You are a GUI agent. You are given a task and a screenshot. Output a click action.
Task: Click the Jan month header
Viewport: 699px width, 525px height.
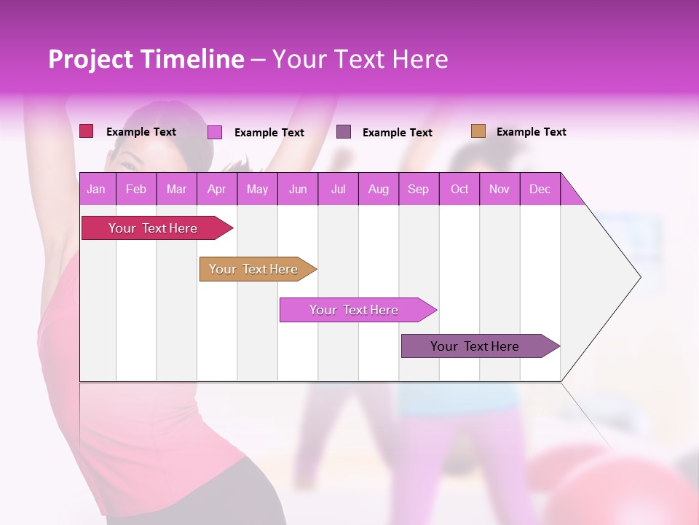96,189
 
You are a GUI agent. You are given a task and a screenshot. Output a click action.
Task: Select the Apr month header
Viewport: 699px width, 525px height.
216,189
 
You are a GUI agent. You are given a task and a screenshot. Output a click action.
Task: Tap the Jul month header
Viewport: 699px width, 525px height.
338,189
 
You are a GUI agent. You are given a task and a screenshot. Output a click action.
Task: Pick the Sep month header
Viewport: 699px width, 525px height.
418,189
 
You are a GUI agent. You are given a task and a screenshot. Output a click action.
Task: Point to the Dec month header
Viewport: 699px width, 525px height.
540,189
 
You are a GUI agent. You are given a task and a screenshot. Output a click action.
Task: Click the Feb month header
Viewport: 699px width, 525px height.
136,189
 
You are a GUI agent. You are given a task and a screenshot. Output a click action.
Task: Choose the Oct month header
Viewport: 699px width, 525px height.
459,189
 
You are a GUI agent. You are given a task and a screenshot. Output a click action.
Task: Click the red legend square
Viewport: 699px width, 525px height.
86,131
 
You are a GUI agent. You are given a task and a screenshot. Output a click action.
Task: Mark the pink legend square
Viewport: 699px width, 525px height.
214,132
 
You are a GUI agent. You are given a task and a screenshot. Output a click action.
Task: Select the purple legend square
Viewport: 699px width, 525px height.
344,132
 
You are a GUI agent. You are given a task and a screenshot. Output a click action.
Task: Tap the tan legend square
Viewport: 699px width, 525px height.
478,131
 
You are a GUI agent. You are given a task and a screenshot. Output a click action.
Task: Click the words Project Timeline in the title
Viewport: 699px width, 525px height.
146,59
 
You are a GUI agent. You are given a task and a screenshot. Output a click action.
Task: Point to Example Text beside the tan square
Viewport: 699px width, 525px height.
531,132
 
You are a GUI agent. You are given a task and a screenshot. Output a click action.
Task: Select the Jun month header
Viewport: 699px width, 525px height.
298,189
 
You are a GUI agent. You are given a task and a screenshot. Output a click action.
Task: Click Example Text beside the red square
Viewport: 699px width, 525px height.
141,132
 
